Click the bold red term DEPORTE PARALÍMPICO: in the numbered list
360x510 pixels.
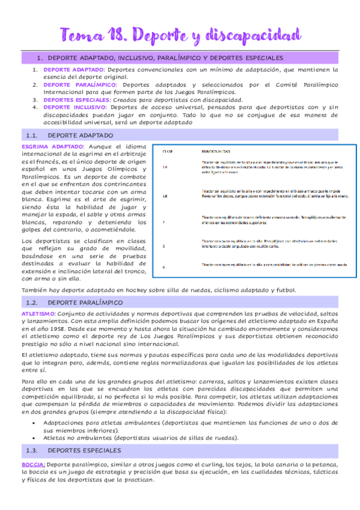[x=79, y=85]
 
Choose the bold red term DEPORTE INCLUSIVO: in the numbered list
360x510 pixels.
[x=75, y=108]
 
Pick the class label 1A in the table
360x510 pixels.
[x=165, y=168]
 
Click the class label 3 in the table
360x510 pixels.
[x=163, y=246]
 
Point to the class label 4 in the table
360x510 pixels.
[x=163, y=266]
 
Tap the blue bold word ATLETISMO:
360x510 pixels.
[x=39, y=314]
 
